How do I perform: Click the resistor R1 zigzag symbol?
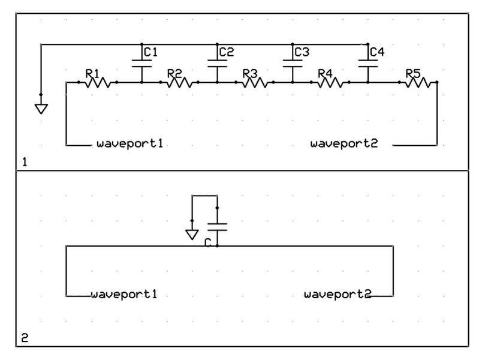(x=98, y=82)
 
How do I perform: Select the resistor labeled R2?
(x=179, y=82)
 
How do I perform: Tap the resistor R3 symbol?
(x=255, y=82)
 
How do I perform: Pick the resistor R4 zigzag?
(x=330, y=82)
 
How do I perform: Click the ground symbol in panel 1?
(x=41, y=109)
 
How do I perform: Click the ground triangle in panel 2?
(x=191, y=234)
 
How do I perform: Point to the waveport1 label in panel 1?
(x=130, y=145)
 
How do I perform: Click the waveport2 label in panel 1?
(x=344, y=145)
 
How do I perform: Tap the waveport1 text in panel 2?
(x=124, y=295)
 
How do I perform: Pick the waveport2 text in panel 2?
(x=338, y=295)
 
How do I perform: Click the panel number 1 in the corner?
(x=24, y=162)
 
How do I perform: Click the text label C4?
(x=377, y=52)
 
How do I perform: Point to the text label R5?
(x=413, y=73)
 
